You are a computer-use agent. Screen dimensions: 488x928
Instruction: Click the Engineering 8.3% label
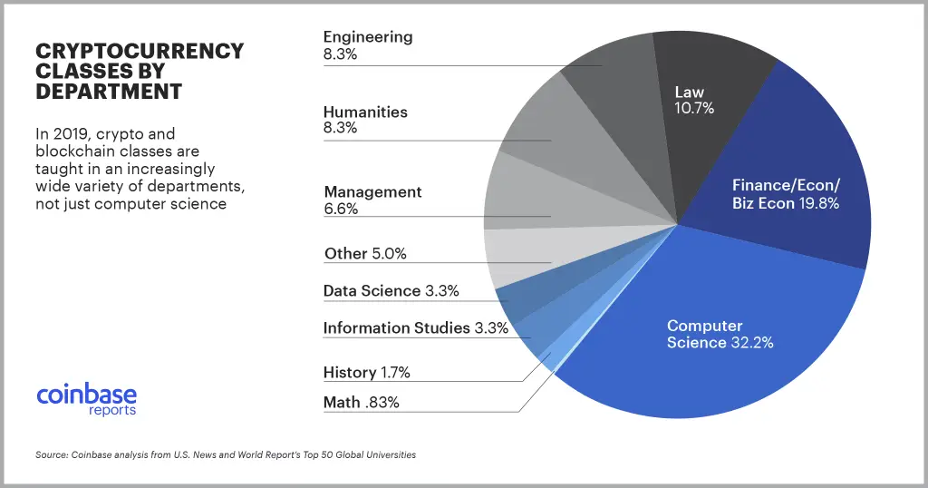368,45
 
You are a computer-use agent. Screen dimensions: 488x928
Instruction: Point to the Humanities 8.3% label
365,120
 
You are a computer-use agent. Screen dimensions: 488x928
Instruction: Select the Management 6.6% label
372,200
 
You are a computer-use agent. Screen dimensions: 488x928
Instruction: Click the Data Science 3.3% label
391,291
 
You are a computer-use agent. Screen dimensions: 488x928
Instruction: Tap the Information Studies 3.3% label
415,327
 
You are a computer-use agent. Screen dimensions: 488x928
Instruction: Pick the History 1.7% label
366,372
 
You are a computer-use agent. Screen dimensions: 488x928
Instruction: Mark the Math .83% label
361,402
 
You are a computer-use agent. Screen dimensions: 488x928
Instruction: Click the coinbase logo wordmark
87,395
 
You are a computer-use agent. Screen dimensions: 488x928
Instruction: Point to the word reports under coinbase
112,411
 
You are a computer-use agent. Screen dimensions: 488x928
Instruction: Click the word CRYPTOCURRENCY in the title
139,51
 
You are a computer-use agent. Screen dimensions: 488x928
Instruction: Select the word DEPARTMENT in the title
109,92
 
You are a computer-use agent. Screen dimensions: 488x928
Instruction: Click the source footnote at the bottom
225,454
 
